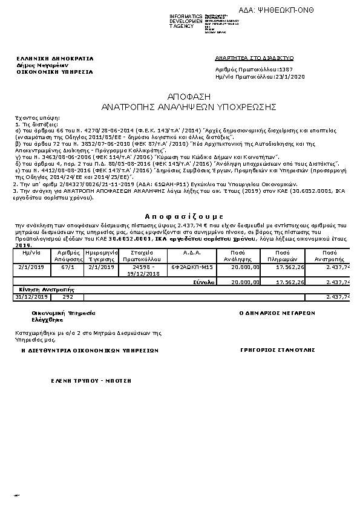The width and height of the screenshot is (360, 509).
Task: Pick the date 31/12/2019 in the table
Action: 32,296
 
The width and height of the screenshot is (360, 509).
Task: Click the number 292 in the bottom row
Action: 68,296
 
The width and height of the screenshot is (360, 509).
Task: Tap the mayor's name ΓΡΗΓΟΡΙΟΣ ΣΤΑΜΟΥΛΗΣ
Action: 278,349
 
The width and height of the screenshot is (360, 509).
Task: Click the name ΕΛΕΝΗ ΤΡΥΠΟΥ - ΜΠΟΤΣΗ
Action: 91,381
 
